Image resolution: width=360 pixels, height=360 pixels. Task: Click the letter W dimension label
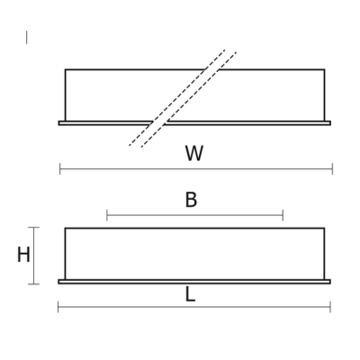[x=194, y=153]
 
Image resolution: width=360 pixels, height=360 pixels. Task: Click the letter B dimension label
[x=191, y=200]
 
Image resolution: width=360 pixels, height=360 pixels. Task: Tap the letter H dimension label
[x=23, y=255]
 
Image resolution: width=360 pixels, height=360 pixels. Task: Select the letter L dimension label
[x=190, y=294]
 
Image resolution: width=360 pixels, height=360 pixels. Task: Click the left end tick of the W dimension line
[x=60, y=169]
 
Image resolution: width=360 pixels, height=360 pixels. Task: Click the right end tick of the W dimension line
[x=332, y=169]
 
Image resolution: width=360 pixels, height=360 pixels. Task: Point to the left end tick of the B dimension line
[x=107, y=215]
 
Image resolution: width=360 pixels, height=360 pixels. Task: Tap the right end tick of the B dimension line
[x=283, y=215]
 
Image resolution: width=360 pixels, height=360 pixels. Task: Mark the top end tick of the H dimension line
[x=33, y=228]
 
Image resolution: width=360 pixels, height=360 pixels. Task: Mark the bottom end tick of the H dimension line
[x=33, y=283]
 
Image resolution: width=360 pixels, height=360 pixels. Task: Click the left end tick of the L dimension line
[x=58, y=307]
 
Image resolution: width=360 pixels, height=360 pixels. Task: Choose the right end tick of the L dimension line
[x=330, y=307]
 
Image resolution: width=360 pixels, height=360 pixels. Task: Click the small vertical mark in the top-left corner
[x=26, y=37]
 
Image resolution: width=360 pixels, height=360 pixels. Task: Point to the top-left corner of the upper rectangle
[x=66, y=69]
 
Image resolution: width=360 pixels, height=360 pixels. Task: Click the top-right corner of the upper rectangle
[x=324, y=69]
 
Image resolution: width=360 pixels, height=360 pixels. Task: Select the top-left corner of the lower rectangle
[x=66, y=229]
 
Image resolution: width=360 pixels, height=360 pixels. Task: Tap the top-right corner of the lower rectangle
[x=324, y=229]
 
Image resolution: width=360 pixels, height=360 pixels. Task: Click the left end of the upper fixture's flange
[x=58, y=123]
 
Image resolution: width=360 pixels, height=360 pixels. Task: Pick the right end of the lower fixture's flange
[x=330, y=282]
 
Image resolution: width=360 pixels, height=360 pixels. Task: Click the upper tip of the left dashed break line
[x=225, y=49]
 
